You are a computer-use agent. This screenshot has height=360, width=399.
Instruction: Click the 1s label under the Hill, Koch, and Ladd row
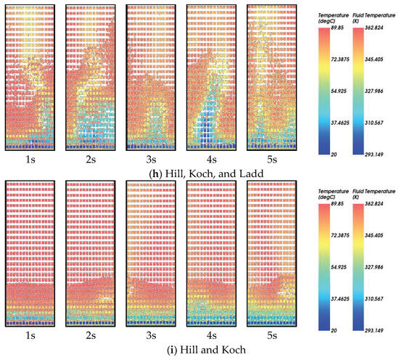coord(29,156)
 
